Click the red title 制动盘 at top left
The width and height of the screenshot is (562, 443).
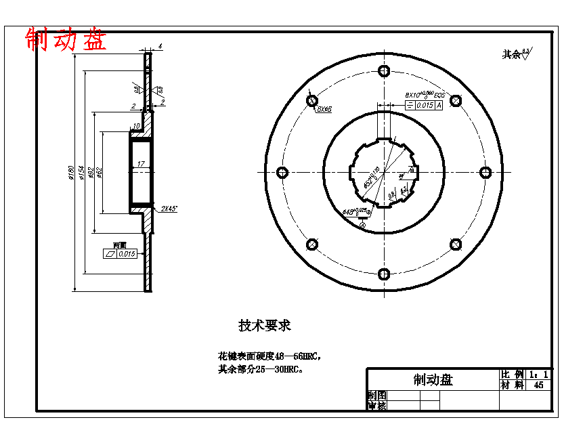66,39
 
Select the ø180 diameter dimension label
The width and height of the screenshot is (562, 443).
71,173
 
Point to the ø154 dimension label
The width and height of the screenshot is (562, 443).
81,173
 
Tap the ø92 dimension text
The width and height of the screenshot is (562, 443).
91,173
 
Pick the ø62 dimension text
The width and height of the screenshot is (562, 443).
100,173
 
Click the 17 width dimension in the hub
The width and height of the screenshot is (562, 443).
140,164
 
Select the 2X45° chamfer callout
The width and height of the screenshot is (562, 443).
169,209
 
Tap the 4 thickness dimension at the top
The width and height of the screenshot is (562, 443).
160,46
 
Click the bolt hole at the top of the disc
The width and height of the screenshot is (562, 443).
384,70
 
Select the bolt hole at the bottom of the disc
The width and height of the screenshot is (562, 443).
384,274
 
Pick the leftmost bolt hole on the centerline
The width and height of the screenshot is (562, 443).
282,172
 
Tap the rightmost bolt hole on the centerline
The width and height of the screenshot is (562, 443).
485,172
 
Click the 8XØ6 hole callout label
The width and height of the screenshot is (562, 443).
324,109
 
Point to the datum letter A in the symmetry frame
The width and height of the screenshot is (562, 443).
439,105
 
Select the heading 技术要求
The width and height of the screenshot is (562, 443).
265,325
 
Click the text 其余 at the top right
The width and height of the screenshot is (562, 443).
511,54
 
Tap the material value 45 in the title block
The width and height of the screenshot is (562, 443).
539,385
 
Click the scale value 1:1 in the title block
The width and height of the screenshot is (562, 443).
539,374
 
